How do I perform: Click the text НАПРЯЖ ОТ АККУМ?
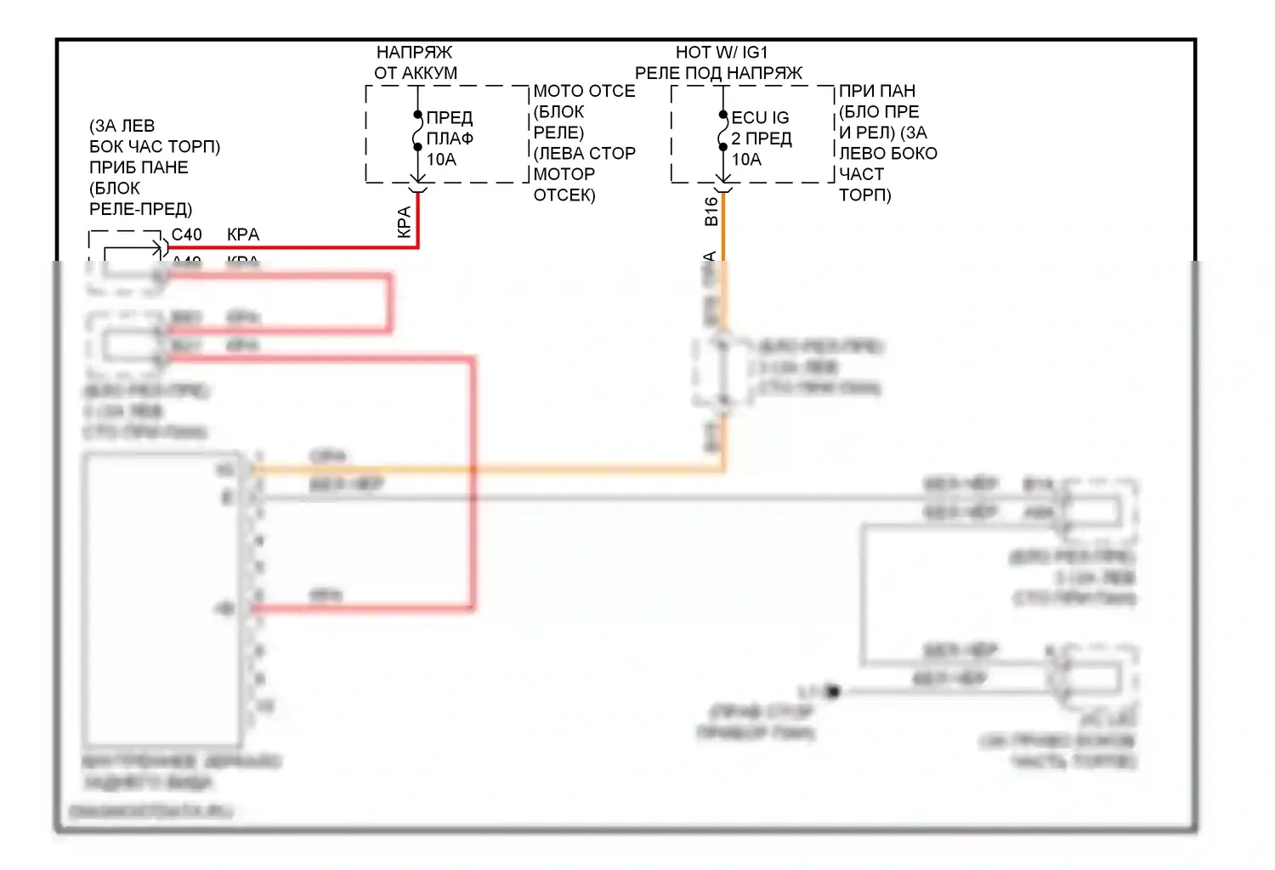pos(416,63)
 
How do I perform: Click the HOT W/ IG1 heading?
pos(721,53)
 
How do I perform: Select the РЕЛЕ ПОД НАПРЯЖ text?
pos(718,73)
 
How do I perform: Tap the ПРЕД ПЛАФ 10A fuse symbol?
pos(417,131)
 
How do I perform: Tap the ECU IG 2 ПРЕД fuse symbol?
pos(722,131)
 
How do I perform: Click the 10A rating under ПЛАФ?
pos(441,160)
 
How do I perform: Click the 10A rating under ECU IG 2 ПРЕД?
pos(746,160)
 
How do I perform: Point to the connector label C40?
pos(187,234)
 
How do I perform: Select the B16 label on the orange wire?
pos(711,211)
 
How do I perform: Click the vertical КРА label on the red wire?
pos(405,222)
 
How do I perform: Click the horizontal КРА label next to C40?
pos(243,234)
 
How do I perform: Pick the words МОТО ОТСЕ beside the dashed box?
pos(584,91)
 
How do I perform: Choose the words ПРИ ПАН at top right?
pos(877,91)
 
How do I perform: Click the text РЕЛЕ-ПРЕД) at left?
pos(141,209)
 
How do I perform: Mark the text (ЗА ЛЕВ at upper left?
pos(122,126)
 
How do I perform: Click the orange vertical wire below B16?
pos(723,238)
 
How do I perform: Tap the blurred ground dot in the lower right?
pos(833,692)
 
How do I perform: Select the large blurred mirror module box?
pos(161,599)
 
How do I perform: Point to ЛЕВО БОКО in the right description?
pos(888,154)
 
